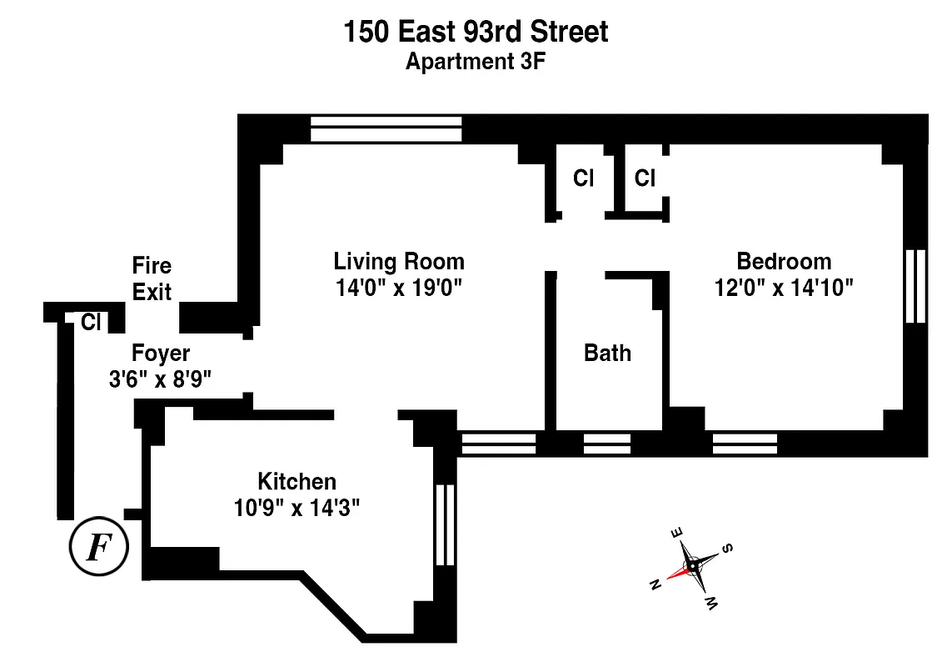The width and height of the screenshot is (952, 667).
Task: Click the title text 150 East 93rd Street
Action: [x=476, y=32]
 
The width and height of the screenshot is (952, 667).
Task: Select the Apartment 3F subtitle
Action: [x=476, y=62]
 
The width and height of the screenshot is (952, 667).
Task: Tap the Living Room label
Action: [x=399, y=261]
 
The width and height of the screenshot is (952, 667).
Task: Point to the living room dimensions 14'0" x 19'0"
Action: [x=399, y=288]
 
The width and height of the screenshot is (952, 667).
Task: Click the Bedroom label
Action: [x=784, y=261]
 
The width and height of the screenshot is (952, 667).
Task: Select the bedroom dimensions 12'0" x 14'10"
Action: [x=784, y=288]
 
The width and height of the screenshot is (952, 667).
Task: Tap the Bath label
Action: [x=607, y=353]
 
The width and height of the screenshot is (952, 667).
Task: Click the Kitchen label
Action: [x=297, y=481]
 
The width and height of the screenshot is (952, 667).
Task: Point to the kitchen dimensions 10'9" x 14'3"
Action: [x=297, y=508]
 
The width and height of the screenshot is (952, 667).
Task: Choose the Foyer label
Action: [x=161, y=353]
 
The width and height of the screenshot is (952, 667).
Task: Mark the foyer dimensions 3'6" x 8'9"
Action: [x=161, y=379]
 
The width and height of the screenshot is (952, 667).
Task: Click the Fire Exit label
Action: [x=152, y=278]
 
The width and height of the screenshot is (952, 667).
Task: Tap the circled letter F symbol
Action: [x=98, y=548]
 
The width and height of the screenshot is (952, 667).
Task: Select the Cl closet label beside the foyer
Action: [x=90, y=322]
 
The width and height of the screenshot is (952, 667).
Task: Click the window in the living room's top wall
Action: [x=386, y=129]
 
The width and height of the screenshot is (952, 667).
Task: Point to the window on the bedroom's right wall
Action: [x=915, y=286]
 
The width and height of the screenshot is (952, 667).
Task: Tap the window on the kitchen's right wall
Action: [x=445, y=524]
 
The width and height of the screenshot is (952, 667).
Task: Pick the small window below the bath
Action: [x=606, y=444]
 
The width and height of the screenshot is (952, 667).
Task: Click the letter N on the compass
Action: [x=655, y=584]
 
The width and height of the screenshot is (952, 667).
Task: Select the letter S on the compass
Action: [x=727, y=548]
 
